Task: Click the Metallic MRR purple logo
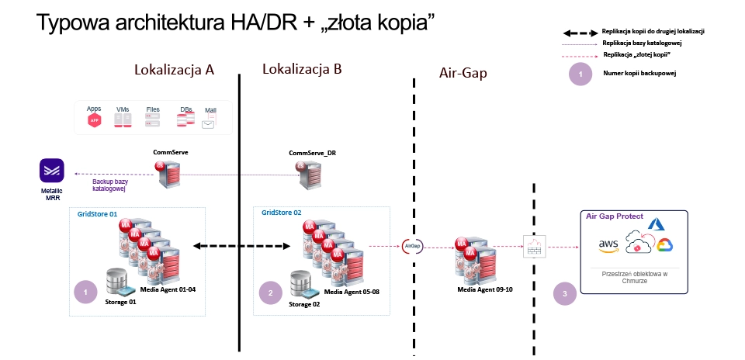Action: (54, 170)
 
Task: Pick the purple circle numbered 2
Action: (269, 293)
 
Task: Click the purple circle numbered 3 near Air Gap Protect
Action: (564, 293)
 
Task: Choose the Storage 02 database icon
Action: (303, 285)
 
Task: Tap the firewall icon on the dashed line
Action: (533, 247)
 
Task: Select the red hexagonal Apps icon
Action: (94, 121)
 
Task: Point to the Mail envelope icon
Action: (210, 123)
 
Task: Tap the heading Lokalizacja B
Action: (302, 69)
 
